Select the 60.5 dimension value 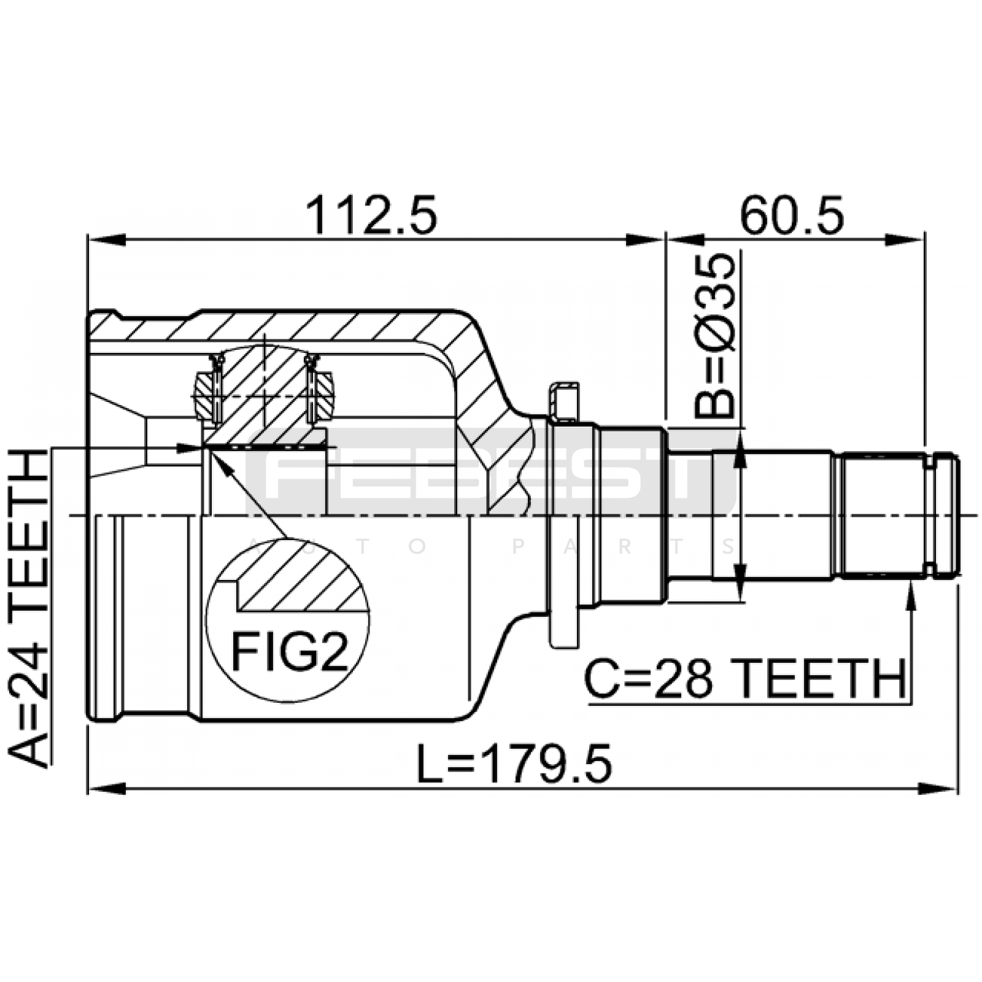pos(792,215)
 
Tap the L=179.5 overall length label pos(514,764)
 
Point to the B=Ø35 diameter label pos(714,336)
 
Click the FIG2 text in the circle pos(289,652)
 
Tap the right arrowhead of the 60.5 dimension pos(905,239)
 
